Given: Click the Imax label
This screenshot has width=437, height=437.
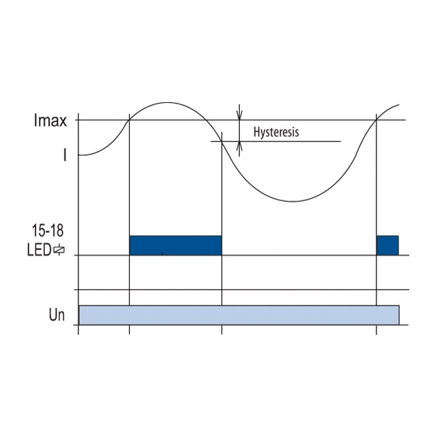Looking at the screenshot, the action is coord(51,121).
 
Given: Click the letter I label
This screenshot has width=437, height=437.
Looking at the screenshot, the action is coord(65,155).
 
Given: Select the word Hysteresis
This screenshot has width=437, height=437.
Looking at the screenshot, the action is coord(276,132).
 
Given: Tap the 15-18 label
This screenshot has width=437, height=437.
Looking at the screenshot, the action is coord(47,231).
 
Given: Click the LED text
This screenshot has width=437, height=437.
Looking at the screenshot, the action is coord(40,250).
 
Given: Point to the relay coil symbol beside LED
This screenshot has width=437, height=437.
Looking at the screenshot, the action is coord(59,250).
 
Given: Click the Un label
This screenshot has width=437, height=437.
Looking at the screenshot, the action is coord(57,315).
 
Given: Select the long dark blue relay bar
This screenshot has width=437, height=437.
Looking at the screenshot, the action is coord(175,245).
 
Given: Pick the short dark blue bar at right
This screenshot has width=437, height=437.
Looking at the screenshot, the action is coord(388,245).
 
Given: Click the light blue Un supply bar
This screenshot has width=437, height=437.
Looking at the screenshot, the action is coord(239,315).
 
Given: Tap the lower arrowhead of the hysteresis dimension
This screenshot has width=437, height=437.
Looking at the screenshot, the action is coord(239,146).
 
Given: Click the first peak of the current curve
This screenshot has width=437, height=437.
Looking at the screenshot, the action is coord(167,103).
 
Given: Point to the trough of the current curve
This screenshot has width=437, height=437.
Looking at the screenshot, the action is coord(293,201).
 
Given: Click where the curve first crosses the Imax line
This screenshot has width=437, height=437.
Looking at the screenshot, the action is coord(129,120).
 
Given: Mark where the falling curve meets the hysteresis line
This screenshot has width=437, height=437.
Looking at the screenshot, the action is coord(221,142).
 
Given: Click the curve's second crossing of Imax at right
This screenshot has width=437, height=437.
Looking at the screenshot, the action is coord(376,120).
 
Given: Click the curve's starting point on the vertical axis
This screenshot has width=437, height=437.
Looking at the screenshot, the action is coord(78,155).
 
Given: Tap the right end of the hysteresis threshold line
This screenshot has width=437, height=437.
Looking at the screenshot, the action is coord(341,141).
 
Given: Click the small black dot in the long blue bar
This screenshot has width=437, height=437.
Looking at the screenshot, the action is coord(163,253).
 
